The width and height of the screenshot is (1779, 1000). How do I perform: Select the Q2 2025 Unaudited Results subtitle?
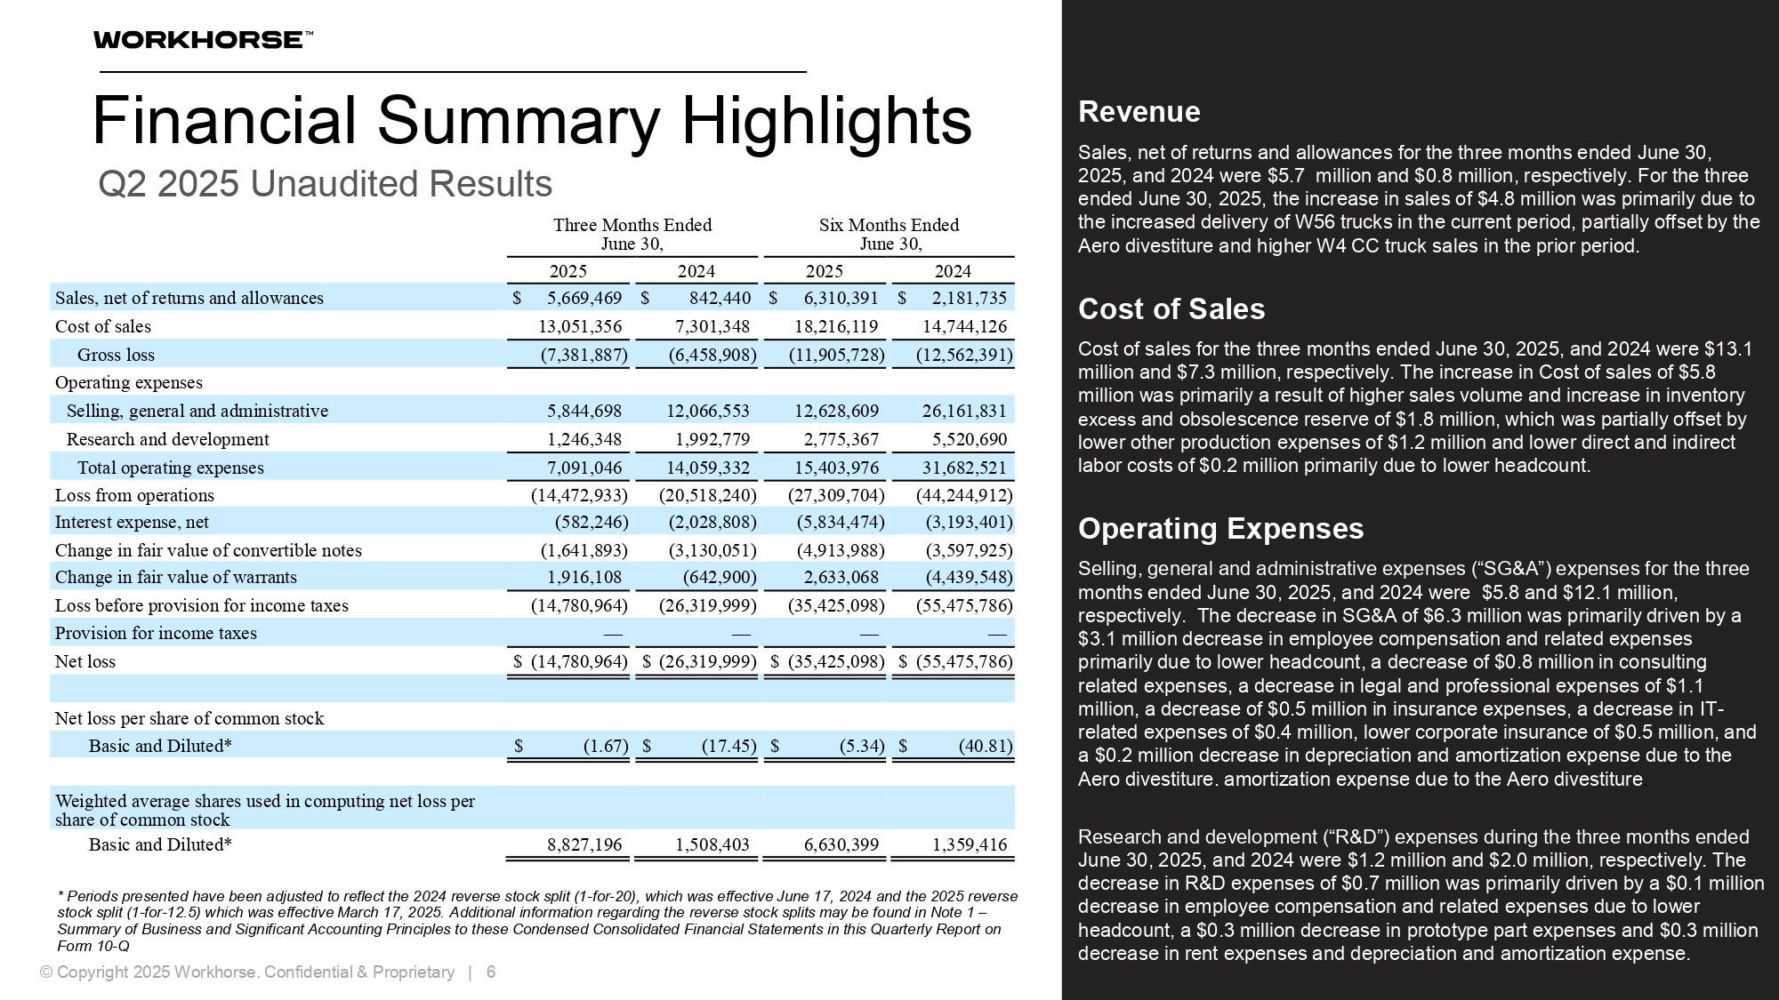coord(325,184)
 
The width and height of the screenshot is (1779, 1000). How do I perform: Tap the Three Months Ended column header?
coord(632,234)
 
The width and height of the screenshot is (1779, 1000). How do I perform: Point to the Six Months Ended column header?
coord(889,234)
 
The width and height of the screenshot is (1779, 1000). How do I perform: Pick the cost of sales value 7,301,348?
coord(712,327)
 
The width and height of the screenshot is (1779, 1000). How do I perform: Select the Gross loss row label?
coord(116,355)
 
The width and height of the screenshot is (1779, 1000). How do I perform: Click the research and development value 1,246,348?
coord(584,439)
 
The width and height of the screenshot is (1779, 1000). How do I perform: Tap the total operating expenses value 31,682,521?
coord(964,468)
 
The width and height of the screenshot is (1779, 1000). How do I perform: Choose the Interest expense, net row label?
coord(132,522)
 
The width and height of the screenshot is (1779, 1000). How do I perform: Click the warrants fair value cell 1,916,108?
coord(584,577)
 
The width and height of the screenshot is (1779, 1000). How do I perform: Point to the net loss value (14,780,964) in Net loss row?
coord(579,661)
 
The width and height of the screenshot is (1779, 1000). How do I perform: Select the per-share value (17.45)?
coord(729,746)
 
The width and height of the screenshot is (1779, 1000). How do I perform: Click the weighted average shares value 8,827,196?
coord(584,844)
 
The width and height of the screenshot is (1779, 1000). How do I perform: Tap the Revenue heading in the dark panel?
coord(1139,112)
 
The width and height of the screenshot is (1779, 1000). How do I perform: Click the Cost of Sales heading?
coord(1171,309)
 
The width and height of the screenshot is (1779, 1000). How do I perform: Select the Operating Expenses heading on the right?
coord(1220,529)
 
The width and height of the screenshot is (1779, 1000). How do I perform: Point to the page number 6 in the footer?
coord(491,972)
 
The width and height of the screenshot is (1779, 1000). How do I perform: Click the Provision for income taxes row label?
coord(156,633)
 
